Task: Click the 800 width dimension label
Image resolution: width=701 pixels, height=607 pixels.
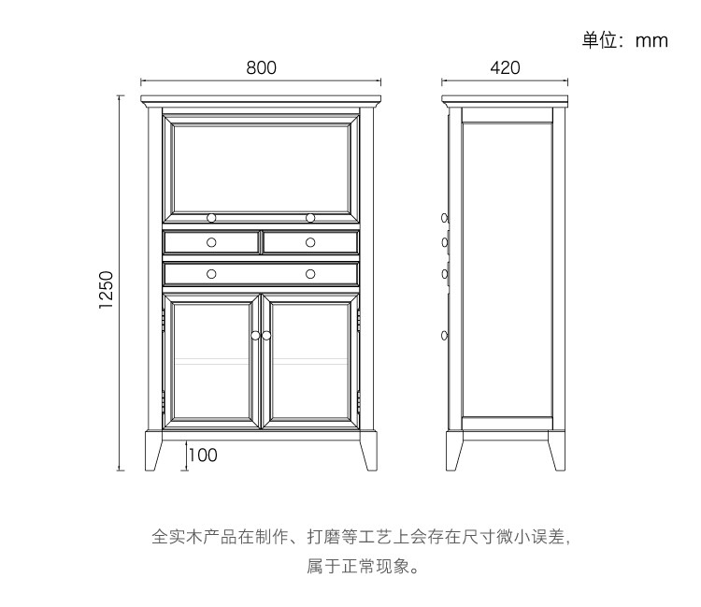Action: tap(262, 67)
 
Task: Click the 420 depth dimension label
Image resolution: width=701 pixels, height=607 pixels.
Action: tap(505, 67)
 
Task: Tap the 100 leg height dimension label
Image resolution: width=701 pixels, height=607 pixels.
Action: tap(203, 455)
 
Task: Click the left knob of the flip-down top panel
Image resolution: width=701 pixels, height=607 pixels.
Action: tap(212, 218)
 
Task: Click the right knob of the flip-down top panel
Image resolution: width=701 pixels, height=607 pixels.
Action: tap(310, 218)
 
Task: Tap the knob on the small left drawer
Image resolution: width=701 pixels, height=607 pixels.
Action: tap(212, 242)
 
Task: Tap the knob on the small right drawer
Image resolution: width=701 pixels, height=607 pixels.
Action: tap(310, 242)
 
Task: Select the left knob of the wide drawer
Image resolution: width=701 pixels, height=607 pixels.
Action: tap(212, 274)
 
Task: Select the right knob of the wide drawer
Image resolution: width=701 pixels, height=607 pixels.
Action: tap(310, 274)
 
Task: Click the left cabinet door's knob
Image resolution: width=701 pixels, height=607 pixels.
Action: tap(255, 335)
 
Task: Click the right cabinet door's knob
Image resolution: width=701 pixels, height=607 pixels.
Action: tap(266, 335)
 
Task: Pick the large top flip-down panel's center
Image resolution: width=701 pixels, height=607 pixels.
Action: tap(261, 164)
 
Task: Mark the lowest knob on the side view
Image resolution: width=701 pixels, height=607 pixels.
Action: tap(445, 335)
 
